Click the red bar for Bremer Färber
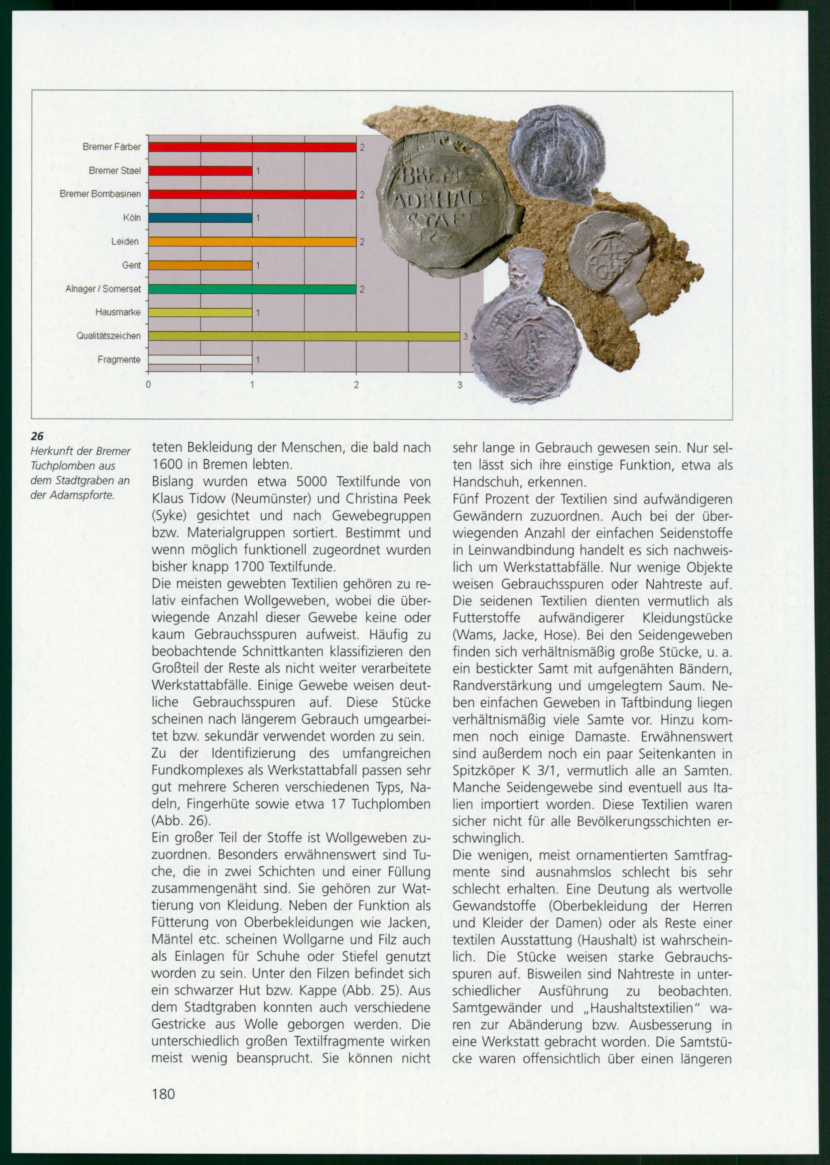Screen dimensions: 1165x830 pos(252,147)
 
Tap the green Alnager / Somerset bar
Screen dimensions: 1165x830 pos(252,289)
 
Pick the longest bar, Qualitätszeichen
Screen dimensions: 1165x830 pos(304,336)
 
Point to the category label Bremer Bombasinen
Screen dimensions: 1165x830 pos(100,194)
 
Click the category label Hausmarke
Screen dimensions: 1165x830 pos(118,312)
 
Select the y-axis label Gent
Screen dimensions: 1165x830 pos(131,265)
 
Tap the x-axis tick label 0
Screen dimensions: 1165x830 pos(148,385)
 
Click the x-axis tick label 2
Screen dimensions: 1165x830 pos(356,385)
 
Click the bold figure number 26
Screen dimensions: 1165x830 pos(37,436)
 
